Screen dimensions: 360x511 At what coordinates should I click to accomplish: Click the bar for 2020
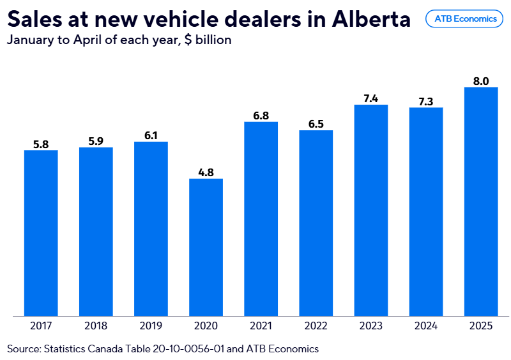pos(206,247)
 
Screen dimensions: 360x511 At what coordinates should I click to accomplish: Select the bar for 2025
pos(480,201)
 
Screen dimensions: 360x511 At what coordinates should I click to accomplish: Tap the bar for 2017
pos(41,233)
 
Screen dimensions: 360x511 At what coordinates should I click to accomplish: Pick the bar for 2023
pos(370,210)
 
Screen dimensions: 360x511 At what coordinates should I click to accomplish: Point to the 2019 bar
pos(151,229)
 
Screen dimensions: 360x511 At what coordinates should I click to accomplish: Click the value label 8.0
pos(480,81)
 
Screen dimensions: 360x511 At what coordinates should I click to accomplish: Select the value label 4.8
pos(206,172)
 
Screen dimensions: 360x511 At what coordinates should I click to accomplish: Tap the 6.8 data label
pos(261,116)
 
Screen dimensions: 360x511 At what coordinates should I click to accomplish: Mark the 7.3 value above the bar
pos(425,101)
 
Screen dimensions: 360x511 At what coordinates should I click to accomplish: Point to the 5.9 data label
pos(96,141)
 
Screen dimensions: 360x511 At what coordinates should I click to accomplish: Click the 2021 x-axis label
pos(261,326)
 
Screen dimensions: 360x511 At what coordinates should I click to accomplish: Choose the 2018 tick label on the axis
pos(96,326)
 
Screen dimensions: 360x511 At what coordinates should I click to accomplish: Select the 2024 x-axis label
pos(425,326)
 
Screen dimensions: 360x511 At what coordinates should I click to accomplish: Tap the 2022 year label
pos(316,326)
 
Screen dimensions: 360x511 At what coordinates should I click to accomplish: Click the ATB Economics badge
pos(465,19)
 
